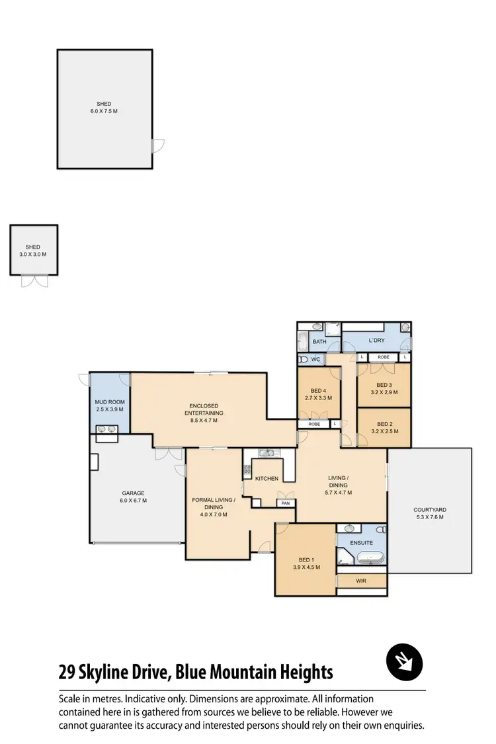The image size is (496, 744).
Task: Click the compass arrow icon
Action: tap(404, 662)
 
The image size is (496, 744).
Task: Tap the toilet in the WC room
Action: tap(304, 360)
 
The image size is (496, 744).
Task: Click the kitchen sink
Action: tap(268, 454)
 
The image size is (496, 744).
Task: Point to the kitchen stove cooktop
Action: tap(247, 472)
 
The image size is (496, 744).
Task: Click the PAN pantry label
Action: tap(285, 503)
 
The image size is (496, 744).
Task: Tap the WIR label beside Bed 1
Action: tap(361, 581)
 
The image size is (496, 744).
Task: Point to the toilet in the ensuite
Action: tap(380, 530)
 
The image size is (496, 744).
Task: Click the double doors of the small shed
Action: tap(33, 281)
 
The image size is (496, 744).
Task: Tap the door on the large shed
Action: tap(157, 145)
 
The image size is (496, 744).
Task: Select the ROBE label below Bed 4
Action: tap(314, 423)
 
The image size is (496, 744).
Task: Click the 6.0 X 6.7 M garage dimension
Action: tap(133, 501)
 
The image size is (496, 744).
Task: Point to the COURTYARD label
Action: tap(430, 509)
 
